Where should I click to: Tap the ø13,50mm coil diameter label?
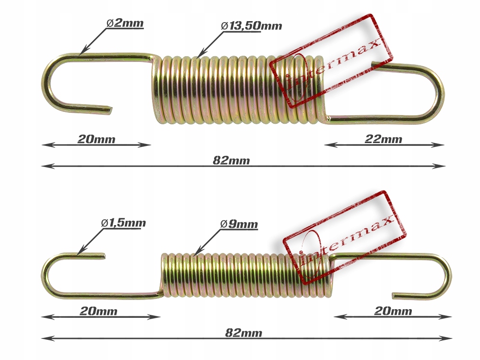click(x=252, y=25)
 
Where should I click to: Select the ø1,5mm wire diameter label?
click(x=123, y=223)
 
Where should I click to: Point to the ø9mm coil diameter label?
click(x=239, y=224)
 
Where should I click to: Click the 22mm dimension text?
click(x=383, y=140)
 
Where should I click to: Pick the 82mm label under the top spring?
click(x=231, y=161)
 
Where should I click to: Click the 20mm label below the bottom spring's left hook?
click(x=98, y=312)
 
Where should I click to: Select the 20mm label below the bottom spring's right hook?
click(x=393, y=311)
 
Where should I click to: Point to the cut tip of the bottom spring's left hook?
click(x=103, y=255)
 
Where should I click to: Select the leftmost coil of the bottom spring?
click(x=164, y=274)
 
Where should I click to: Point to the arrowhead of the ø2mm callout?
click(x=81, y=52)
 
